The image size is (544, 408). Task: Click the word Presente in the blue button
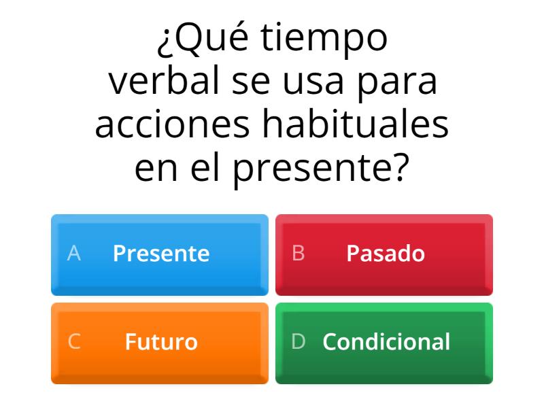tap(161, 254)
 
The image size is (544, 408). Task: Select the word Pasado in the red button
tap(386, 254)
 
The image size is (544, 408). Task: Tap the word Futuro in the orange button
tap(161, 341)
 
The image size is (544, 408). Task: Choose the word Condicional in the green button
tap(386, 341)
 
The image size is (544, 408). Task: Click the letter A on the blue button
tap(74, 254)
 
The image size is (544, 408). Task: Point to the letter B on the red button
tap(298, 254)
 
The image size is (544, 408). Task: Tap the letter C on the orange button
tap(74, 341)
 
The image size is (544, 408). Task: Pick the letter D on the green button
tap(298, 341)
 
